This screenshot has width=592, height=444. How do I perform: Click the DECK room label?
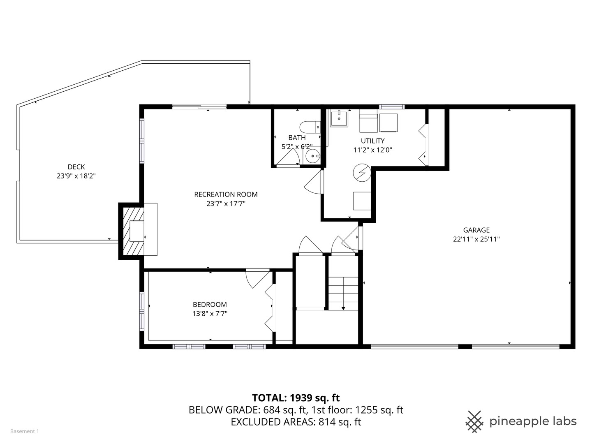pyautogui.click(x=76, y=167)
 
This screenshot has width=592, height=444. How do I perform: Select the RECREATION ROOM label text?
pyautogui.click(x=226, y=194)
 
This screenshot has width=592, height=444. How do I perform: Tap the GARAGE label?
pyautogui.click(x=476, y=230)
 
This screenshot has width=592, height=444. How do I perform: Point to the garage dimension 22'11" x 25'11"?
pyautogui.click(x=476, y=239)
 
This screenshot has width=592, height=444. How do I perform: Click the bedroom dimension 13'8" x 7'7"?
pyautogui.click(x=210, y=314)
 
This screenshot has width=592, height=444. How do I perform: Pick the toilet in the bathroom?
pyautogui.click(x=308, y=127)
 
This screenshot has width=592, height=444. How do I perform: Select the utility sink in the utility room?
pyautogui.click(x=339, y=118)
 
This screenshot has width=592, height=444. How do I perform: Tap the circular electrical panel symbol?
pyautogui.click(x=362, y=173)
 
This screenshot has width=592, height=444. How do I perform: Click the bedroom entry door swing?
pyautogui.click(x=256, y=280)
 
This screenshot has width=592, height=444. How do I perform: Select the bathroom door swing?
pyautogui.click(x=289, y=159)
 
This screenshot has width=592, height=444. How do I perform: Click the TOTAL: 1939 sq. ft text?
pyautogui.click(x=296, y=398)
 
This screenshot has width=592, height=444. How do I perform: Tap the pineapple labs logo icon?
pyautogui.click(x=474, y=421)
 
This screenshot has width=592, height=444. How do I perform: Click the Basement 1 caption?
pyautogui.click(x=25, y=431)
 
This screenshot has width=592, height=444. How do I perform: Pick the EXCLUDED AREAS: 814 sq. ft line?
pyautogui.click(x=296, y=422)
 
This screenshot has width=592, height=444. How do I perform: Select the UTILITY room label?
pyautogui.click(x=372, y=141)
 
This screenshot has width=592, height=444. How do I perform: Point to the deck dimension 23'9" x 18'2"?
pyautogui.click(x=76, y=176)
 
